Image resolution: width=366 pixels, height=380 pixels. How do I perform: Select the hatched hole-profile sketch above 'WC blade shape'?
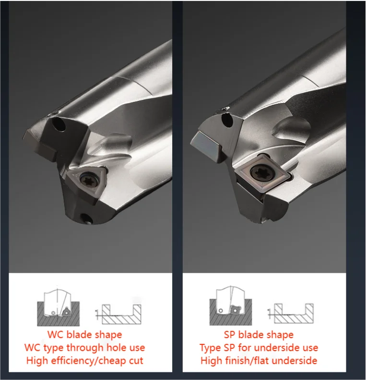[119, 315]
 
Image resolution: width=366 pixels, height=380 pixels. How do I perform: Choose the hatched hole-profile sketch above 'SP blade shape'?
[291, 315]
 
